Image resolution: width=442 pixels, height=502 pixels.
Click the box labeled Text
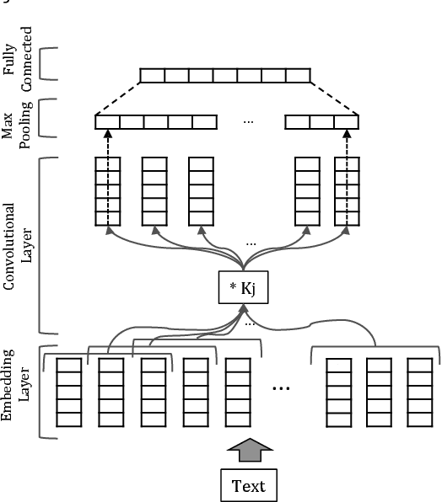(x=248, y=486)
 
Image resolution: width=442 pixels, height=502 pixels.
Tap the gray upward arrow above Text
(x=249, y=451)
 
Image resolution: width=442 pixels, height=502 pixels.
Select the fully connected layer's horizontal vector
(x=224, y=76)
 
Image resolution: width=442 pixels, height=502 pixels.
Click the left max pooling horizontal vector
(x=156, y=122)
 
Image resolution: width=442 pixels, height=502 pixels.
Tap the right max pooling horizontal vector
(x=321, y=122)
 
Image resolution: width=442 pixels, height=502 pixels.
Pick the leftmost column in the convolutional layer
(x=107, y=191)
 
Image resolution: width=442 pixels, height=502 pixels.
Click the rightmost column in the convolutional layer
(x=347, y=191)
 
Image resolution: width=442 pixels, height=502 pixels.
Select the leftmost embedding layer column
(x=68, y=392)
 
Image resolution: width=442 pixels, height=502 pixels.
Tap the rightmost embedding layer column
(x=419, y=392)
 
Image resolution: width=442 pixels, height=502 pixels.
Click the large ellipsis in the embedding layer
(x=282, y=388)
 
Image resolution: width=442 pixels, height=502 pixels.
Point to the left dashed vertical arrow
(x=107, y=177)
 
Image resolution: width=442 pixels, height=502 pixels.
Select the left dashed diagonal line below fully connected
(x=117, y=99)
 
